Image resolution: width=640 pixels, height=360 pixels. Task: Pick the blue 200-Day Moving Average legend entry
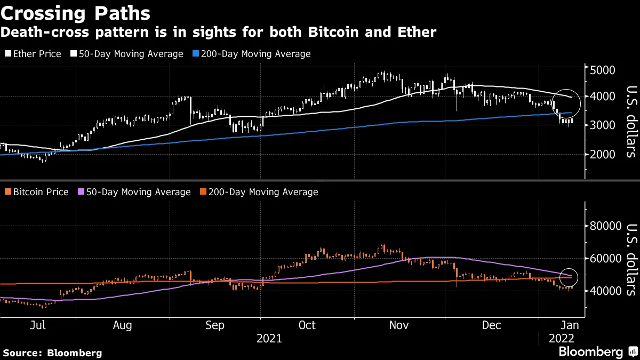coord(261,54)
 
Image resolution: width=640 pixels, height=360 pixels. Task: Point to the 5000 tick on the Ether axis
coord(602,70)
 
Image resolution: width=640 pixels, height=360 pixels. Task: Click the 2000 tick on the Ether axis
coord(602,154)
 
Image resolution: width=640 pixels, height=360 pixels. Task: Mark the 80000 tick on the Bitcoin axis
coord(605,226)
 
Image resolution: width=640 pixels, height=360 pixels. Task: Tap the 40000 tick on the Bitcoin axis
coord(605,291)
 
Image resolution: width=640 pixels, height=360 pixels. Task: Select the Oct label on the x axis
coord(307,325)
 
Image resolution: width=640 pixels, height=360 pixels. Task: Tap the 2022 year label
coord(561,338)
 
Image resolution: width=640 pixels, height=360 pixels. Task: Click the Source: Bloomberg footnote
coord(52,353)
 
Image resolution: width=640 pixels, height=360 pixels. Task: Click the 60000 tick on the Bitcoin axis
coord(605,258)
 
